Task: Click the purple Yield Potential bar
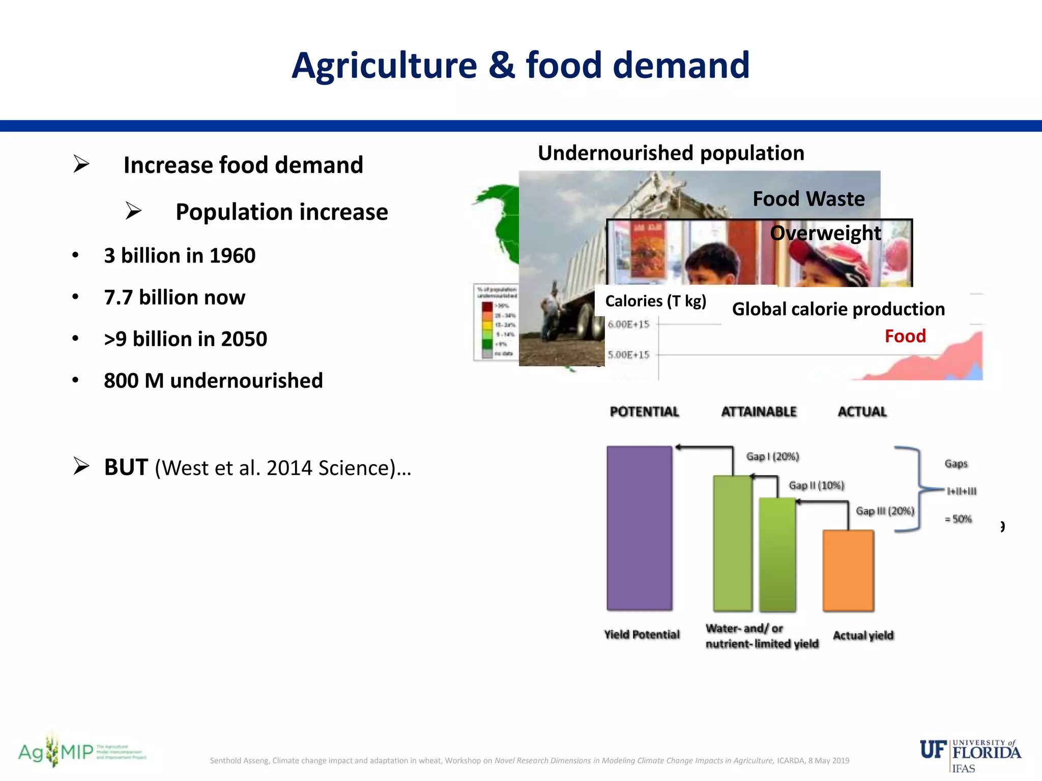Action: click(639, 528)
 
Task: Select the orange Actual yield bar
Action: click(848, 570)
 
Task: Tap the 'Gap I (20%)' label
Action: click(772, 456)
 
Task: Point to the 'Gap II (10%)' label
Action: click(816, 485)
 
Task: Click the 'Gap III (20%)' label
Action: click(885, 510)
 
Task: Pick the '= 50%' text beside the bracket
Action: click(958, 519)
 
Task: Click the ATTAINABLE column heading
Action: click(759, 411)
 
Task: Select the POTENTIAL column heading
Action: click(644, 411)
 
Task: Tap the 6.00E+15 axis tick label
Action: click(628, 324)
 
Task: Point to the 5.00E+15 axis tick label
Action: click(628, 354)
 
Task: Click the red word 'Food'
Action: click(905, 336)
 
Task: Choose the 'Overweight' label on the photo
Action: click(825, 233)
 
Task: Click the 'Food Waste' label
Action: click(808, 199)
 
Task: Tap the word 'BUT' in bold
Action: click(126, 467)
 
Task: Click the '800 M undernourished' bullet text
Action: click(213, 380)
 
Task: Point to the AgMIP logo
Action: click(81, 752)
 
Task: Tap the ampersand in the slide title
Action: click(501, 66)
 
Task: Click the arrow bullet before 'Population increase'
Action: click(133, 211)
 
